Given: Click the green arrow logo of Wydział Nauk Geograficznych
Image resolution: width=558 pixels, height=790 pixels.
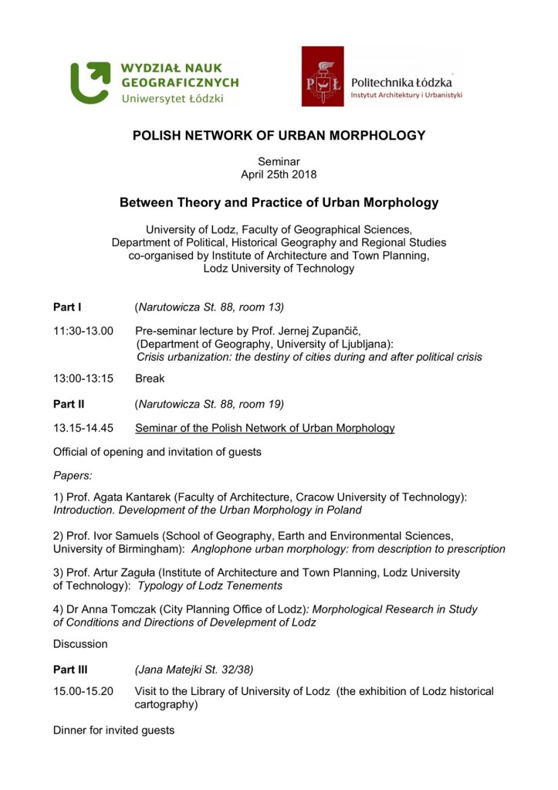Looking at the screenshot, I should click(91, 83).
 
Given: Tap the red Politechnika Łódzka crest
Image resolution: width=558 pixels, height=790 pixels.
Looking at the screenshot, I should click(322, 76).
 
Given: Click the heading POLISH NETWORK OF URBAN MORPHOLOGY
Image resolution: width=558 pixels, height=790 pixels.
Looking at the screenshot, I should click(279, 136).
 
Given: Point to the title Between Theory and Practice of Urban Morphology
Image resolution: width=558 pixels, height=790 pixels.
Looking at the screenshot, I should click(279, 203).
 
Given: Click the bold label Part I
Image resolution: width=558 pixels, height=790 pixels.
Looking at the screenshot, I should click(67, 307).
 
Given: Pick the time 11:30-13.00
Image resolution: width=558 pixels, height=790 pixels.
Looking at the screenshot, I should click(83, 331).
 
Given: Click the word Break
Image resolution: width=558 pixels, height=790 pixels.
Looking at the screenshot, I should click(150, 379).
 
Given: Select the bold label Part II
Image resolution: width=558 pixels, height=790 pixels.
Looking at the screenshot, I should click(69, 404).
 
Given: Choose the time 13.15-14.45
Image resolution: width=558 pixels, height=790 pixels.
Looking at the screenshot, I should click(83, 428).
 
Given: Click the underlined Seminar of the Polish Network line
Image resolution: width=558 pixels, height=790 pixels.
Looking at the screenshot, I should click(265, 428).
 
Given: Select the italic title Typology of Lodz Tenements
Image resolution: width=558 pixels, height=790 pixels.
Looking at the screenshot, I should click(209, 586).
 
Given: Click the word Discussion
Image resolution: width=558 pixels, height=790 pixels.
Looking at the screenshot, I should click(80, 644).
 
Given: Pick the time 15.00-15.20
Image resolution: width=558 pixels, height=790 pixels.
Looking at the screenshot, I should click(83, 692).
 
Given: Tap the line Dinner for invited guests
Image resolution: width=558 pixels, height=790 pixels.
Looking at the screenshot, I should click(113, 730).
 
